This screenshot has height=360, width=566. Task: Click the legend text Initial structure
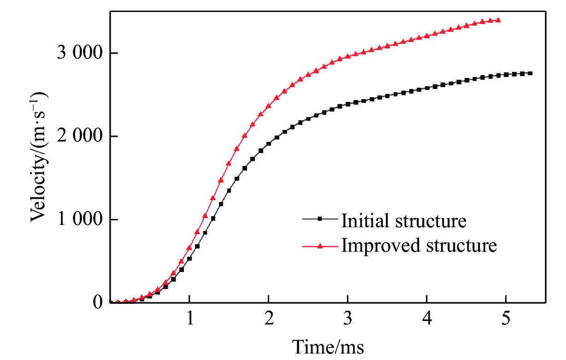tap(404, 221)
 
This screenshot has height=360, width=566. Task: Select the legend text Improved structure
tap(419, 245)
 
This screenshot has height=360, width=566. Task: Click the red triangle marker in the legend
tap(321, 246)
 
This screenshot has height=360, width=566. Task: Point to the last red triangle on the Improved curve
tap(499, 20)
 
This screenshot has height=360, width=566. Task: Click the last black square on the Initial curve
tap(531, 73)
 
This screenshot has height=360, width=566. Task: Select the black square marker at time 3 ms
tap(348, 104)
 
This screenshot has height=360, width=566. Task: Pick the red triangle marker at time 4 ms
tap(427, 35)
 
